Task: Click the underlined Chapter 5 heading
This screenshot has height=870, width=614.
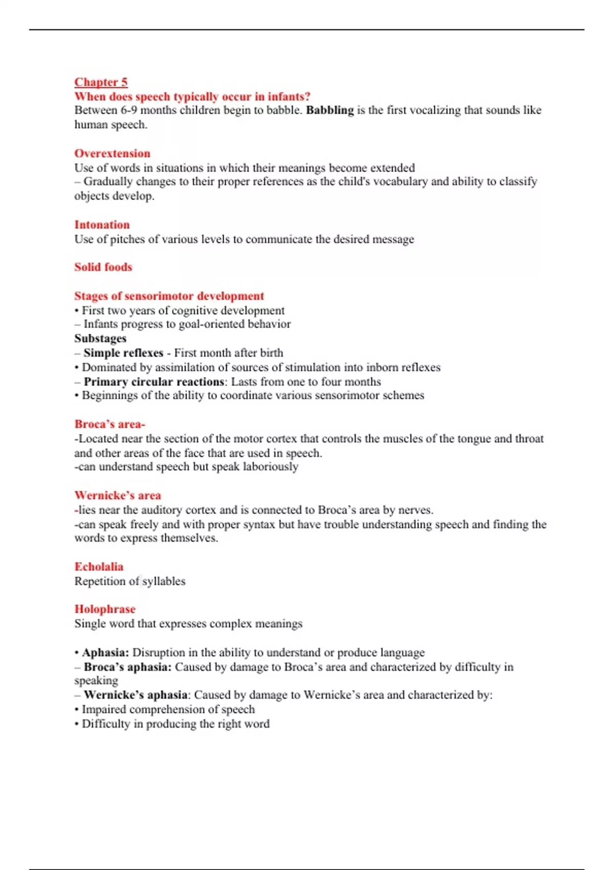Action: (101, 82)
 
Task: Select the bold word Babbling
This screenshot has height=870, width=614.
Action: (330, 110)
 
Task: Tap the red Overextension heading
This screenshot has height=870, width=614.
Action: (112, 154)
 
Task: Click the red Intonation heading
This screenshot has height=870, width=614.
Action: (102, 225)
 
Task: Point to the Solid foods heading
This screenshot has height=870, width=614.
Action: (103, 267)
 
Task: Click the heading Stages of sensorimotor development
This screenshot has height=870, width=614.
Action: (169, 296)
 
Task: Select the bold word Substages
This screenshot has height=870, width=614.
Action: (100, 338)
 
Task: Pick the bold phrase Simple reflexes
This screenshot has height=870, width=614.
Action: (123, 353)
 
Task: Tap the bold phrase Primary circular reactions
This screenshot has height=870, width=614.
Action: (153, 382)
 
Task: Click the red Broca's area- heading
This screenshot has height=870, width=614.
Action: (109, 424)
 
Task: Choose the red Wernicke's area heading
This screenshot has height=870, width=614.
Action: (118, 495)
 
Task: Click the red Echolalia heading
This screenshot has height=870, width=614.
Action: (99, 567)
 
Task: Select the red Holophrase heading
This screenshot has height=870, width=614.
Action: (105, 609)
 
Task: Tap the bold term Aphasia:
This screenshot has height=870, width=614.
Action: (105, 652)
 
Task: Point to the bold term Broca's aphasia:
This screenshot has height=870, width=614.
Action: (127, 667)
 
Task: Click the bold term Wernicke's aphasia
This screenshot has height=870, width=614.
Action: (136, 695)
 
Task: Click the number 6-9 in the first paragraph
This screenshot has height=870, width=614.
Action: (129, 110)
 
